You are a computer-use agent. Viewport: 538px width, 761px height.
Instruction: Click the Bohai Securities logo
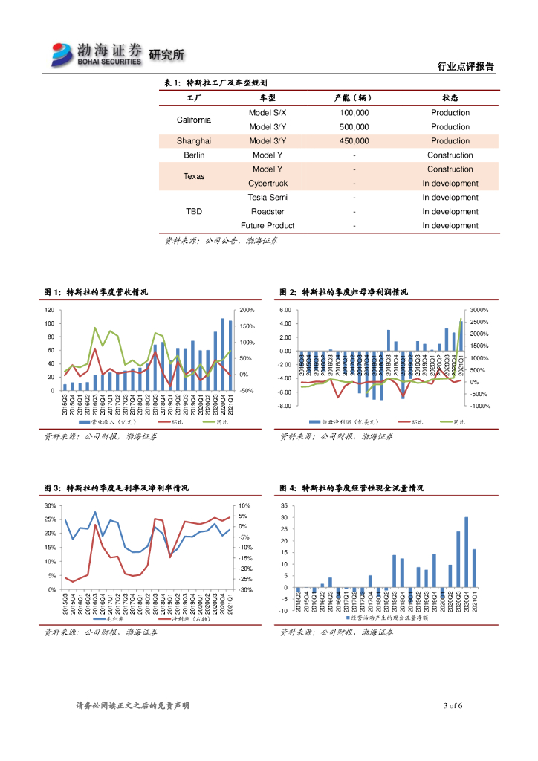point(97,54)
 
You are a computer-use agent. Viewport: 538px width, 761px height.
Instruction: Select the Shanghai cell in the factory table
point(194,141)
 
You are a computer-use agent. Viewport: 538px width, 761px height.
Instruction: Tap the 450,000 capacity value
point(354,141)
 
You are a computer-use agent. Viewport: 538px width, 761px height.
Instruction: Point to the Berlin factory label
point(194,155)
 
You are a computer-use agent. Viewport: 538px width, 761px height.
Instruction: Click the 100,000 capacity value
point(354,113)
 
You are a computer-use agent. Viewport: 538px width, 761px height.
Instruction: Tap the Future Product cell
point(268,226)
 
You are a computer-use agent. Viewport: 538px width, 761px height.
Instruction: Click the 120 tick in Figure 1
point(50,310)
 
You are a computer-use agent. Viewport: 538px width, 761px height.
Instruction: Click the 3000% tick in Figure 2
point(479,310)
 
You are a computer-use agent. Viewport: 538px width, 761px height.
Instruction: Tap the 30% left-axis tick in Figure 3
point(50,505)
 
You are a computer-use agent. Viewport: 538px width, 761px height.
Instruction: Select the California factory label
point(194,120)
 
